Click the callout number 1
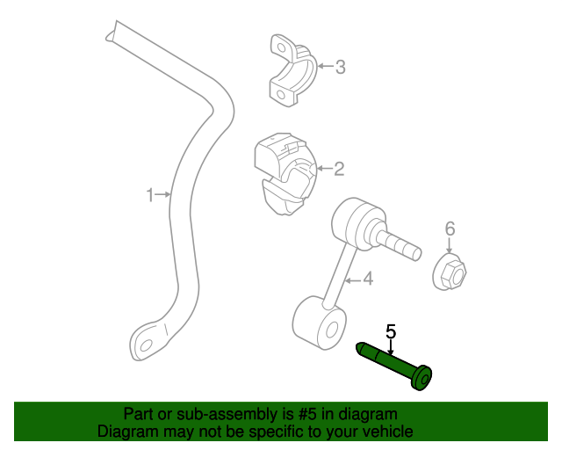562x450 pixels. point(149,194)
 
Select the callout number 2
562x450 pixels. point(338,169)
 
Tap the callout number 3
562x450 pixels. point(341,66)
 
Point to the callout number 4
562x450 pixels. point(368,279)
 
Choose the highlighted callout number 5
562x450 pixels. point(391,331)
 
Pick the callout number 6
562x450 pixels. point(450,229)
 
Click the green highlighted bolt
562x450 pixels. point(396,364)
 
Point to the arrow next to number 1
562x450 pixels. point(164,194)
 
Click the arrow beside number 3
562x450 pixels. point(323,66)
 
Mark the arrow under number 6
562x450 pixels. point(450,246)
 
